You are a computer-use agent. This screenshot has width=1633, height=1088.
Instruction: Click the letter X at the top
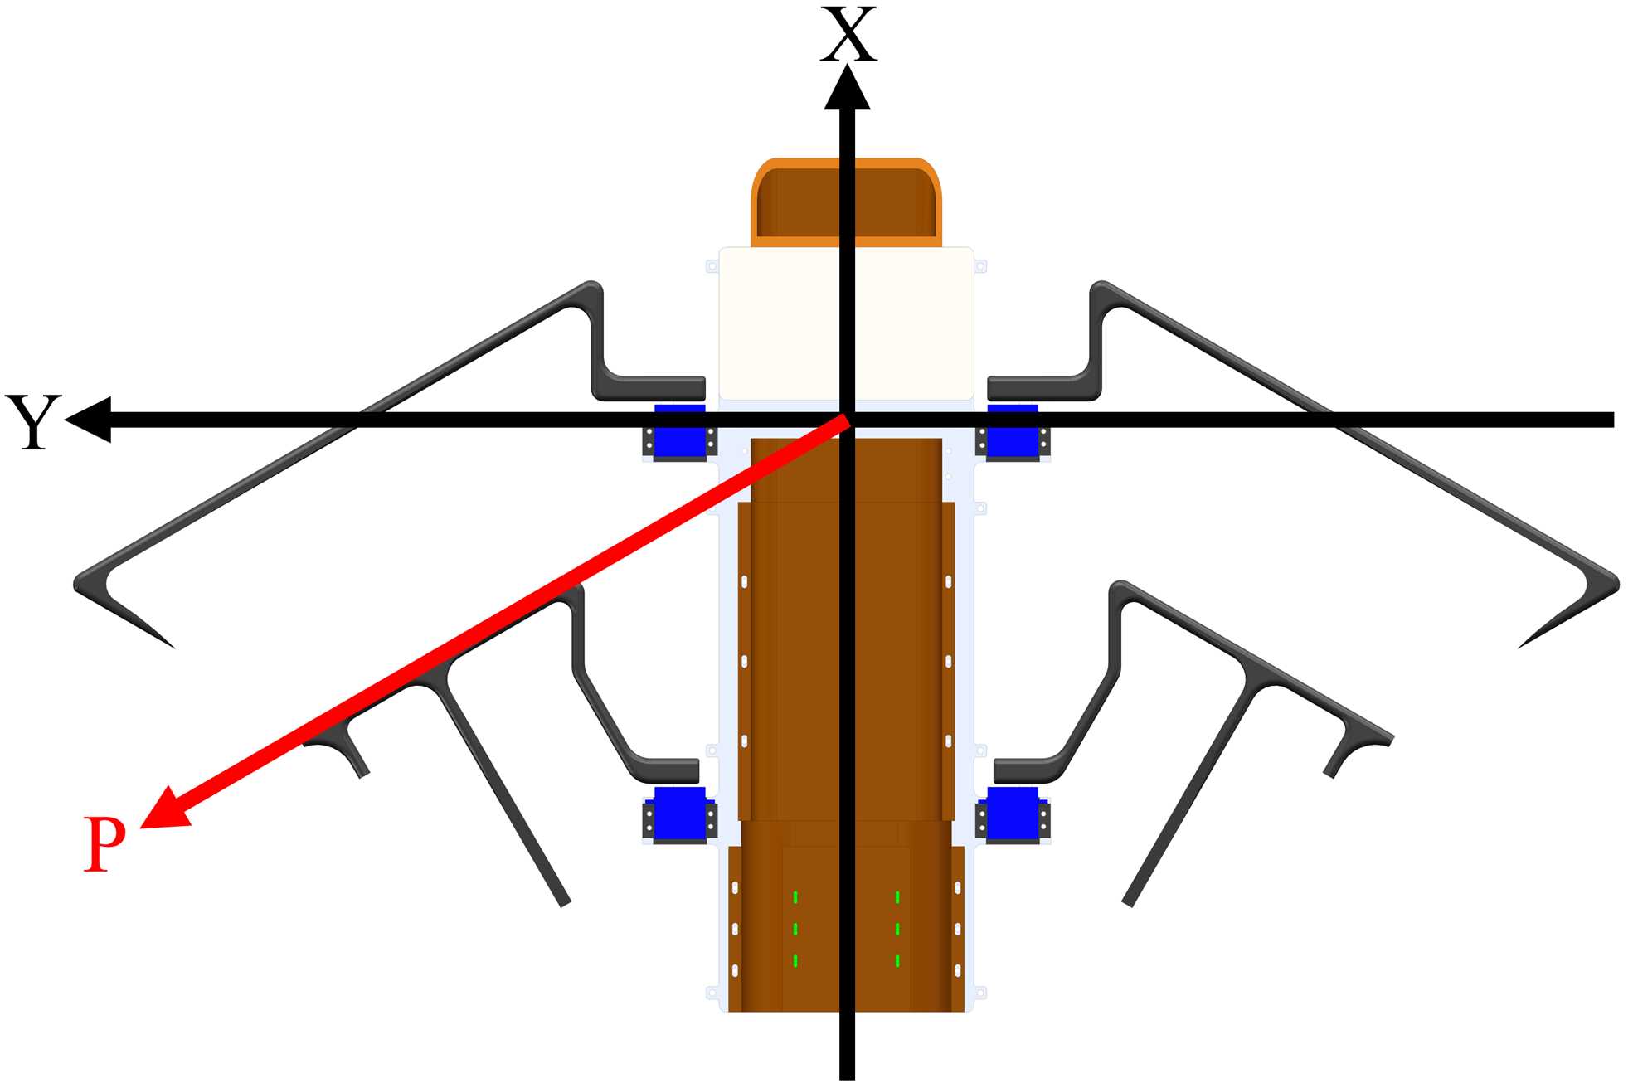click(x=848, y=35)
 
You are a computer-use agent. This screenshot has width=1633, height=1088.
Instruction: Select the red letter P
click(x=104, y=843)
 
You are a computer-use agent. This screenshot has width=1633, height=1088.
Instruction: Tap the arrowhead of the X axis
click(x=847, y=88)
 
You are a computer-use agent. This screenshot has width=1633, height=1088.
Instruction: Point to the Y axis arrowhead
click(x=88, y=420)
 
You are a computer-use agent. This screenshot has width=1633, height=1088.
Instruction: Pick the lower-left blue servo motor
click(x=679, y=815)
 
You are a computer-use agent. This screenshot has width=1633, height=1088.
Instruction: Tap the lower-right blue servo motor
click(x=1013, y=815)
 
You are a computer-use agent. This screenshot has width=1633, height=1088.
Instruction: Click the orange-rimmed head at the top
click(x=846, y=202)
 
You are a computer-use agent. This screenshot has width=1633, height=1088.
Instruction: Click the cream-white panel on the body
click(x=846, y=323)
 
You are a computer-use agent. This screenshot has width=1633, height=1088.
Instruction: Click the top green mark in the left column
click(x=795, y=896)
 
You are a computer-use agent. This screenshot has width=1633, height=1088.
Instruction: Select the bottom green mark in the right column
click(x=897, y=961)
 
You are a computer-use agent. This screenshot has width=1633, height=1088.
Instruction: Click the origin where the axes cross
click(x=847, y=420)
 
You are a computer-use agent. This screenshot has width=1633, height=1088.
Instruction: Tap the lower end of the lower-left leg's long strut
click(x=565, y=901)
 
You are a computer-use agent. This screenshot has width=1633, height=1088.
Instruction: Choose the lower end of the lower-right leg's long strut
click(x=1128, y=901)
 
